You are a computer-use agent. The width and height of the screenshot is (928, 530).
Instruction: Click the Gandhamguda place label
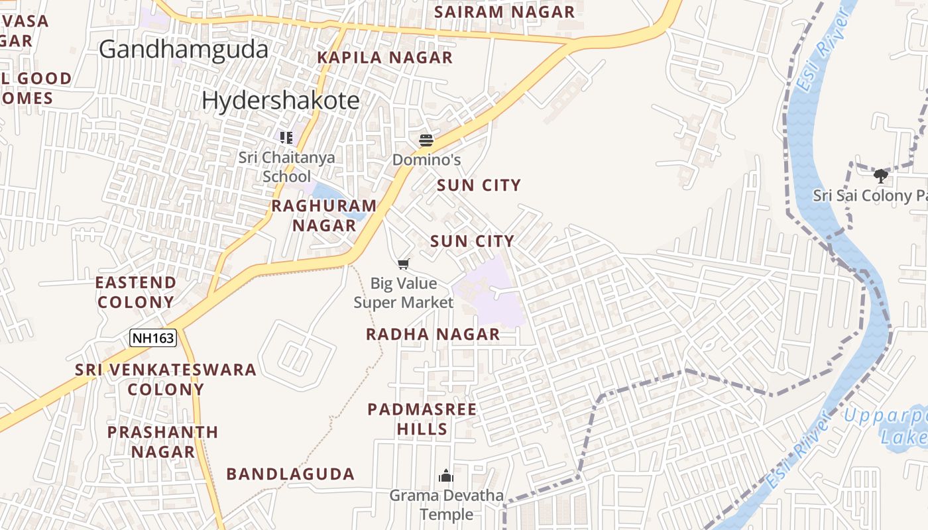[184, 50]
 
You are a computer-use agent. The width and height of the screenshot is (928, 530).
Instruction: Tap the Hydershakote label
[280, 100]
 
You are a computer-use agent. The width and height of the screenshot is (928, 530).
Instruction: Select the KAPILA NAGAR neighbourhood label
[384, 58]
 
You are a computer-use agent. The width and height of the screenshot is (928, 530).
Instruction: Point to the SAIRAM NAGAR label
[504, 12]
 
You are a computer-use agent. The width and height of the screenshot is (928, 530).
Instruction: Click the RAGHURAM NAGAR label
[324, 215]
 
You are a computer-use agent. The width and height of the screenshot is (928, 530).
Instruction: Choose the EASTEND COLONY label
[136, 292]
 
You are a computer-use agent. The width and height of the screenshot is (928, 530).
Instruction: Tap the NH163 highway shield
[153, 338]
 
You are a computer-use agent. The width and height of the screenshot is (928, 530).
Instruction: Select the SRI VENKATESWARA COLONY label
[166, 379]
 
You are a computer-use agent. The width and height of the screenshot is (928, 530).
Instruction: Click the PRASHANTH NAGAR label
[163, 442]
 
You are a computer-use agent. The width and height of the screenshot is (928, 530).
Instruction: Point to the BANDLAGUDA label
[290, 474]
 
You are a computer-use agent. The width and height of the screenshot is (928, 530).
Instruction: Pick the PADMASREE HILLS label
[422, 419]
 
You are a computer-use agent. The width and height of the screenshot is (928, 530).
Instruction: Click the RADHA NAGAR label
[433, 334]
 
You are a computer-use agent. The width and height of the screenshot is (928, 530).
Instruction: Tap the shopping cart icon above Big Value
[404, 264]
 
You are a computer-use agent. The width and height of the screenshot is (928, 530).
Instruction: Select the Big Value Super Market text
[404, 293]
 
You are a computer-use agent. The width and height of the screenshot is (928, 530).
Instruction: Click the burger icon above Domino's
[426, 140]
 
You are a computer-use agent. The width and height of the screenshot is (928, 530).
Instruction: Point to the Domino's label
[426, 160]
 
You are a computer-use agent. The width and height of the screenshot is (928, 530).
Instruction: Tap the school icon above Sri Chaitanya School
[286, 138]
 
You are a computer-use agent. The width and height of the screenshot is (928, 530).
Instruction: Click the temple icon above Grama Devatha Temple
[446, 476]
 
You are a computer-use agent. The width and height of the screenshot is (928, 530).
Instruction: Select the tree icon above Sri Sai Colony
[880, 176]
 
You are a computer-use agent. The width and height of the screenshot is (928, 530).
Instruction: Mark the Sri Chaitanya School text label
[286, 167]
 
